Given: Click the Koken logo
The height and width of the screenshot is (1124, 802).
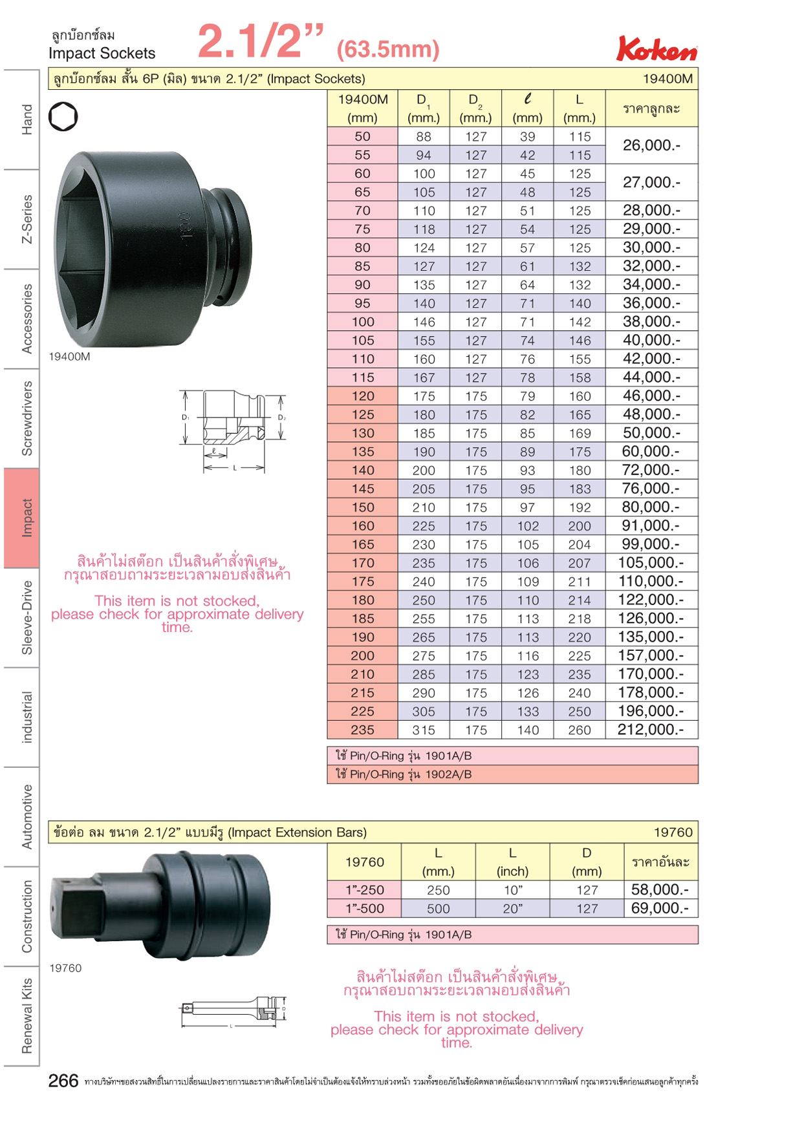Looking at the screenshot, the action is tap(656, 48).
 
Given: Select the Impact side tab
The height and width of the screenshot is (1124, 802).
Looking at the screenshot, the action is tap(21, 518).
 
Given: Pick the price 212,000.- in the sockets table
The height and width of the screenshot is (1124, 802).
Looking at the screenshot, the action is tap(651, 730).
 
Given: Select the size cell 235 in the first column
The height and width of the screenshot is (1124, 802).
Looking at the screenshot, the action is tap(362, 730).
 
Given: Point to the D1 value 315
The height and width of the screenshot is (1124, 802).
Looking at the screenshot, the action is tap(424, 730).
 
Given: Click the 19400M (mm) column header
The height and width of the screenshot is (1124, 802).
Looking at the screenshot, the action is tap(362, 108).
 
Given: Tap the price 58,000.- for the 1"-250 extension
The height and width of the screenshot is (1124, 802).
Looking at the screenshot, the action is tap(660, 889).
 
